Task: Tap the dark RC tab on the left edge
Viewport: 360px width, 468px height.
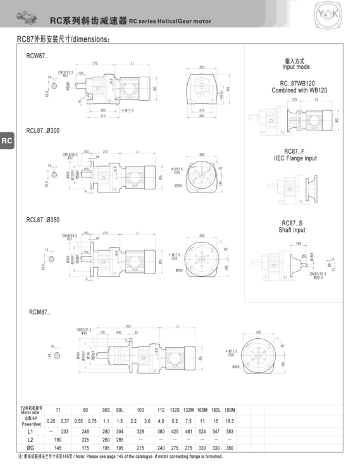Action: coord(6,141)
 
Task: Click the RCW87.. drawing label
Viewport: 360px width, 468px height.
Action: coord(36,57)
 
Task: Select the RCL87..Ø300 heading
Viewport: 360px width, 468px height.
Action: coord(43,130)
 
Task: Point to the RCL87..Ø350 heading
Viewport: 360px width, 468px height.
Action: coord(43,220)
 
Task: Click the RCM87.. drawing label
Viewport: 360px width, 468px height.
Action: coord(39,312)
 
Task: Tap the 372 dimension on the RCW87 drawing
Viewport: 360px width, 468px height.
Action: coord(96,64)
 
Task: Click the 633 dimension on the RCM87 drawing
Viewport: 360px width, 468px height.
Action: coord(128,326)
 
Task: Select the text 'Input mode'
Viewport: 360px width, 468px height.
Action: coord(295,66)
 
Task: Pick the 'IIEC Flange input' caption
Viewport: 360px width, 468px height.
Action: coord(295,158)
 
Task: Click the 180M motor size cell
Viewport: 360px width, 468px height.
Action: coord(229,410)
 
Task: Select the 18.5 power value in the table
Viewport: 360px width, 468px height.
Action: coord(229,421)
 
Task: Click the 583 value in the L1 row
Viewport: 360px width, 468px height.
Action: coord(229,430)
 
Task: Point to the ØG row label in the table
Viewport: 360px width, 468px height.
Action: coord(30,448)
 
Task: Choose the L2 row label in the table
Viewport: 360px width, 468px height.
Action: coord(30,439)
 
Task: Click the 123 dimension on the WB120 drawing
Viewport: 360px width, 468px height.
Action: coord(294,100)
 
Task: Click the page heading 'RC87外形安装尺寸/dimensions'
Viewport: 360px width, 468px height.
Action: coord(63,39)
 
